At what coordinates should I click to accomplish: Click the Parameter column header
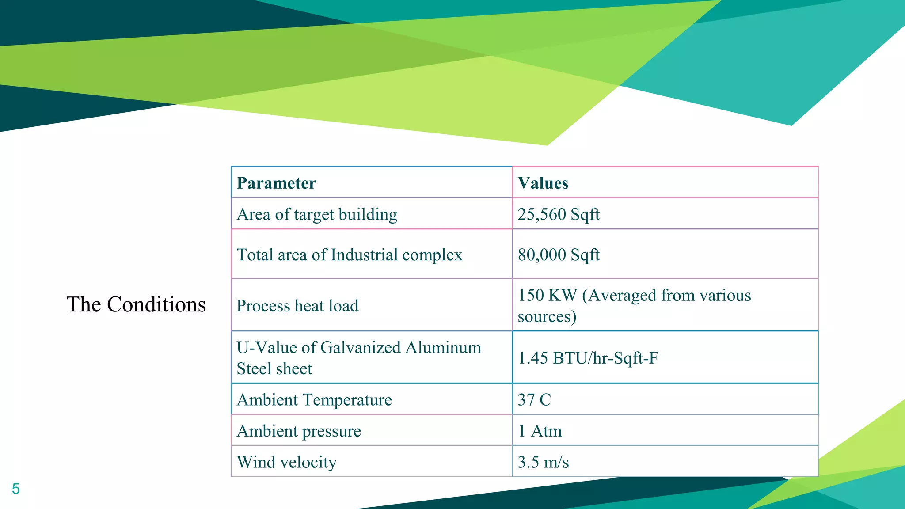277,183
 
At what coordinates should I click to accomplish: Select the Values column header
543,183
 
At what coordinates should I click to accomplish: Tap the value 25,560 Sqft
559,214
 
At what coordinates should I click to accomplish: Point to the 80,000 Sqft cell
559,254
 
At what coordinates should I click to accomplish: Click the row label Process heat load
297,306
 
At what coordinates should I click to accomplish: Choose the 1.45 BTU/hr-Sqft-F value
588,358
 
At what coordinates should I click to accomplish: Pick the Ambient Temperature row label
314,400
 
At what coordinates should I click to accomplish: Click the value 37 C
534,400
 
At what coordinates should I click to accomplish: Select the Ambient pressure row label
299,431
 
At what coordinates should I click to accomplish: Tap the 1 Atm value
540,431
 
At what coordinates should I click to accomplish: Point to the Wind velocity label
286,462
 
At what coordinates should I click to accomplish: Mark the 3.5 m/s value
543,462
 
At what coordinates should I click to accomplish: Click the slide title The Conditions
136,304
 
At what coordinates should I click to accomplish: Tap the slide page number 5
16,489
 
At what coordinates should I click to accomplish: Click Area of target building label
317,214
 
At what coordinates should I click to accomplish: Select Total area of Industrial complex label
349,254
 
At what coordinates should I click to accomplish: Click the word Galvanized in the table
361,348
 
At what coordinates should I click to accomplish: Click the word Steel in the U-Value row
254,369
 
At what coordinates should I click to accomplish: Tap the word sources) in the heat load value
547,317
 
